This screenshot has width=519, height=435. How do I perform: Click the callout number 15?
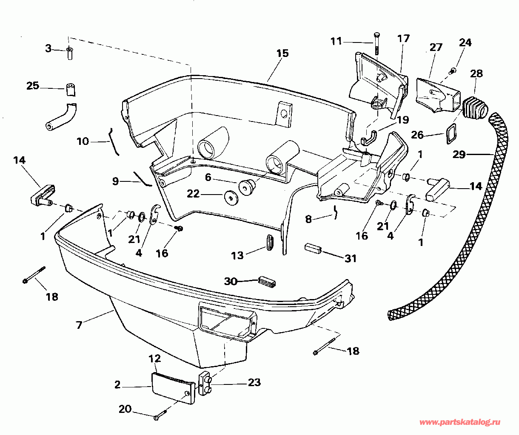coord(282,53)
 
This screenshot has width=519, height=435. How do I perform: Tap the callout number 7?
coord(79,325)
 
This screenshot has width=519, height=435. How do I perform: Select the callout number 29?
coord(459,155)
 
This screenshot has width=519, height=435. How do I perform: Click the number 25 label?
coord(33,85)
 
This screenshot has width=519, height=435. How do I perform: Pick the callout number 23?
coord(254,382)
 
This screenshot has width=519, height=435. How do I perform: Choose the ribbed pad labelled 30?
coord(267,281)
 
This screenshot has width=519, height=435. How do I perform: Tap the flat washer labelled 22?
coord(230,198)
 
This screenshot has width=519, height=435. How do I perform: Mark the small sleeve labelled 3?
coord(70,54)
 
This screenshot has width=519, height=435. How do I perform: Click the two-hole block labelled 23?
coord(206,383)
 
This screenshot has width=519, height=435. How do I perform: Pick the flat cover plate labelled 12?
coord(172,384)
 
